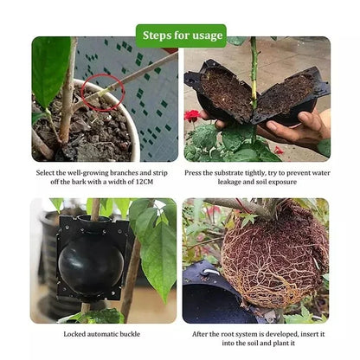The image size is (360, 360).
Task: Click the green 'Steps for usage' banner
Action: (x=180, y=35)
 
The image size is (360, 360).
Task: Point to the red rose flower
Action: (x=191, y=116)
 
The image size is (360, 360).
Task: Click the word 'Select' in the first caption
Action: (x=47, y=171)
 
